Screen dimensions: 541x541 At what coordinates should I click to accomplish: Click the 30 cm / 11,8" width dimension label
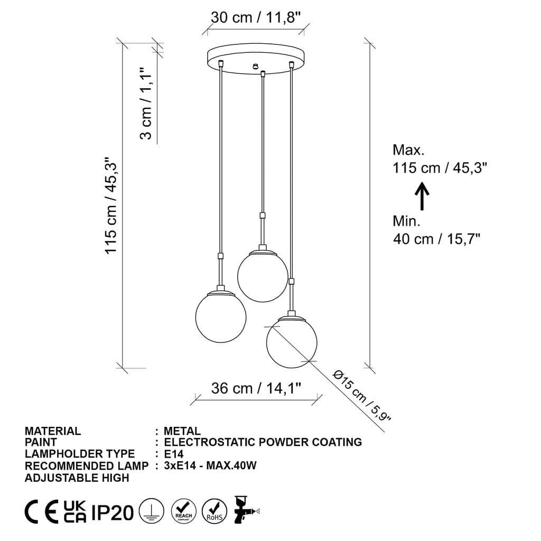point(256,17)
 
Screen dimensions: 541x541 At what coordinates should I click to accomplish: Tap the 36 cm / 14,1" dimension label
point(256,388)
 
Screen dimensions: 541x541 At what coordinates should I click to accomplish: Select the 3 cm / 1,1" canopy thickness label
point(146,103)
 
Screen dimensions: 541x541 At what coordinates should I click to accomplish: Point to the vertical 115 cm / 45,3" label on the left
point(110,205)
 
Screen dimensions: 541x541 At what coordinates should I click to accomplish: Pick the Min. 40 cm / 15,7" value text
point(436,239)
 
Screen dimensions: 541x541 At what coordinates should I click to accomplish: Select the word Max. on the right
point(409,150)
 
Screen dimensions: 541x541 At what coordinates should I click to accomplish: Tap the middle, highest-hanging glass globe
point(262,276)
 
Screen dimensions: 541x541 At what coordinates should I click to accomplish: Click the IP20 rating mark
point(113,512)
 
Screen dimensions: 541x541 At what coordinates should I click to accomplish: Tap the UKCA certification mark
point(74,512)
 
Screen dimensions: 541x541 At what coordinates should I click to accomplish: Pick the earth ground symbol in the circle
point(152,512)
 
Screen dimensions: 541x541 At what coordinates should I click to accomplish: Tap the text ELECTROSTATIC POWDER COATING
point(263,442)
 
